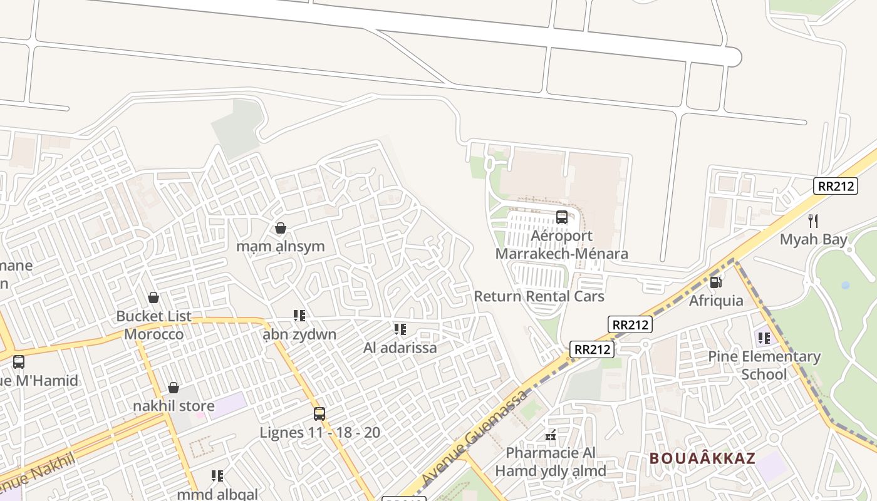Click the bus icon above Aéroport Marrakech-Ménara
562,217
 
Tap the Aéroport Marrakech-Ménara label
562,245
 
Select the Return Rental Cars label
539,296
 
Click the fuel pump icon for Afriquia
716,282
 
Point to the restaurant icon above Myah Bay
813,220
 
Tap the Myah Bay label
813,239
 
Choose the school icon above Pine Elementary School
764,338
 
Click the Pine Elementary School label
764,365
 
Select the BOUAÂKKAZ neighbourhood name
702,458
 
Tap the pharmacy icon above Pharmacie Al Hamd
551,435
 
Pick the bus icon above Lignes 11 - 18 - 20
319,413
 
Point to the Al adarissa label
400,348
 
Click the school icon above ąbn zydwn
299,316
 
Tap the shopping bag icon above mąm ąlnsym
281,228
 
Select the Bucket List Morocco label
154,325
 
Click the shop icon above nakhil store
174,388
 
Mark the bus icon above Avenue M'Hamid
19,361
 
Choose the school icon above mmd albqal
217,476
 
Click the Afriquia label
716,301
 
